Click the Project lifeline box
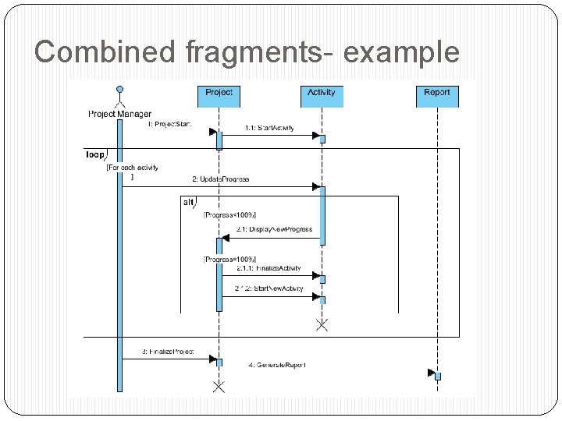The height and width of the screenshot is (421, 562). point(219,94)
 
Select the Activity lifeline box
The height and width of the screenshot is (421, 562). point(322,94)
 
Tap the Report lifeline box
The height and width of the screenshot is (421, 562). point(437,94)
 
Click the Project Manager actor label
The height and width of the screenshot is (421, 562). point(119,114)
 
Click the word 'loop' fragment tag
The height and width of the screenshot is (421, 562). point(94,154)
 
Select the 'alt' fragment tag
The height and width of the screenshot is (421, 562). point(189,202)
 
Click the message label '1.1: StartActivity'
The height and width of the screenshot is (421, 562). point(269,128)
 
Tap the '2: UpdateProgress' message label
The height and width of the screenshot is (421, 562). point(225,179)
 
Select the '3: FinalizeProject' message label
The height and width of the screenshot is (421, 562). point(168,352)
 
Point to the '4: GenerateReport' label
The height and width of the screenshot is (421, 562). point(277,365)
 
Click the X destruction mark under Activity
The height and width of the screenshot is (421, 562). point(322,324)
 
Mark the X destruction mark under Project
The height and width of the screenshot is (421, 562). point(219,387)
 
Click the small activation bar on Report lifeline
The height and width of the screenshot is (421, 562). point(438,376)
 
